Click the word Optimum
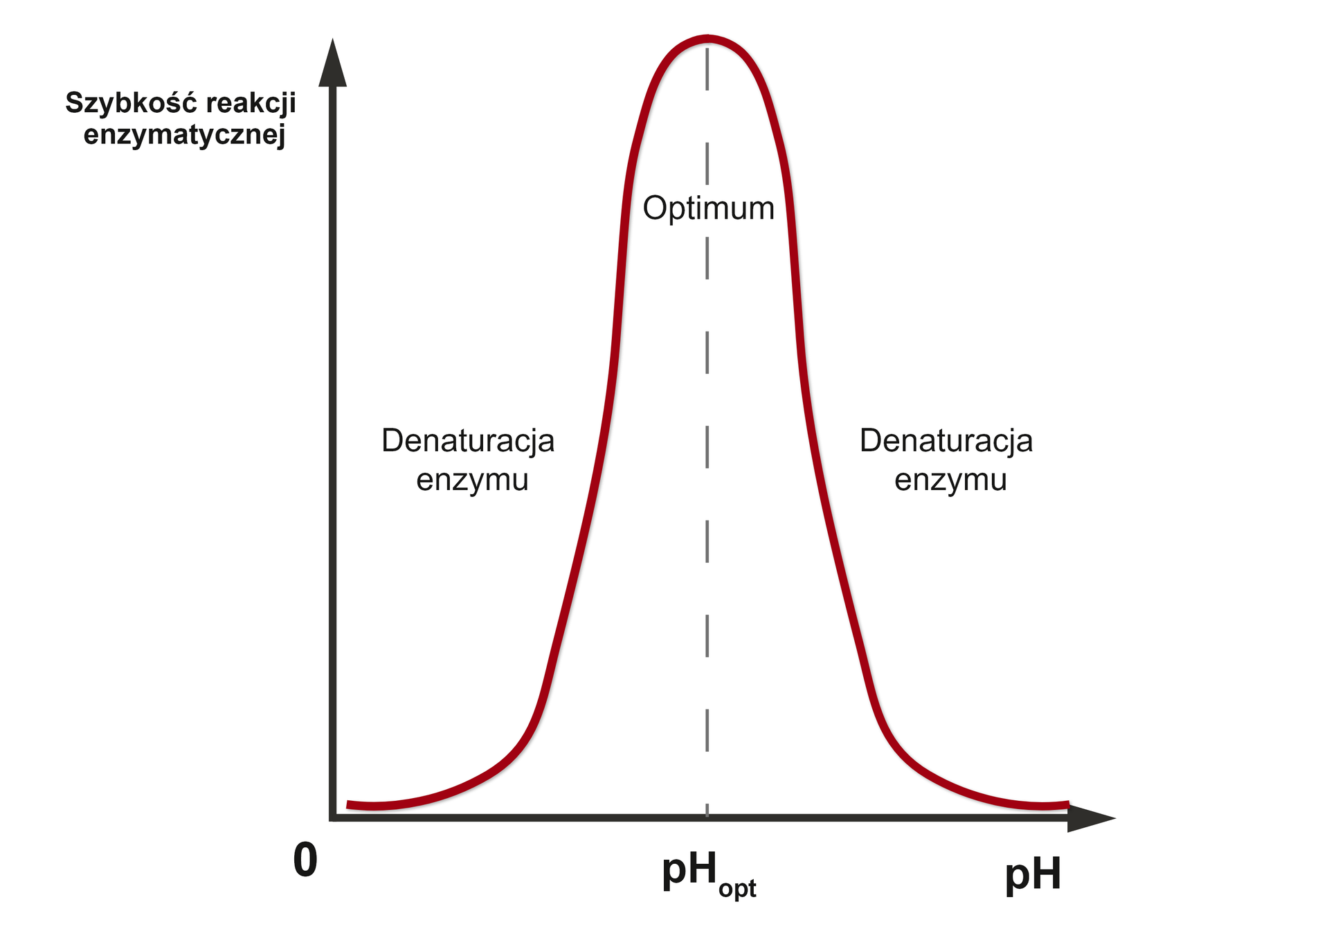(x=708, y=208)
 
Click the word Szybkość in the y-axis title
(x=131, y=103)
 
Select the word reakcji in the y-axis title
(x=251, y=103)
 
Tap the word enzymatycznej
(x=184, y=134)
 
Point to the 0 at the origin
(x=305, y=860)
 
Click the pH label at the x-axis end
(x=1033, y=874)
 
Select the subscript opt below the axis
(x=737, y=888)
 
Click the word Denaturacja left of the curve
(x=468, y=441)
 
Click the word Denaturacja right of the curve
(x=946, y=441)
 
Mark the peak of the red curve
(x=707, y=39)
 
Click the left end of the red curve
(x=349, y=804)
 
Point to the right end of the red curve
(x=1067, y=804)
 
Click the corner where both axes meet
(x=333, y=817)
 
